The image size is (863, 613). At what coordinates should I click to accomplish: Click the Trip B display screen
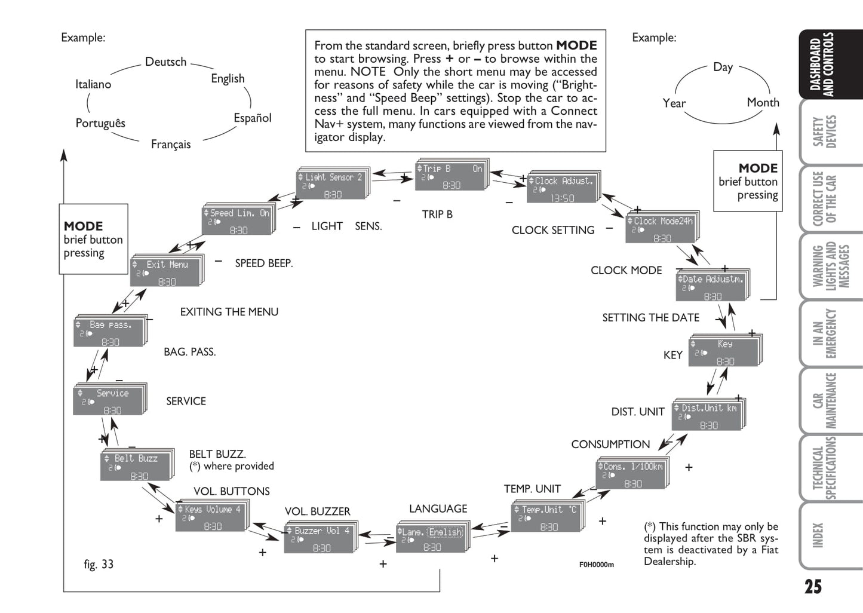click(x=450, y=176)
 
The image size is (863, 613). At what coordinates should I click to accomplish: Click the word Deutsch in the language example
click(x=165, y=62)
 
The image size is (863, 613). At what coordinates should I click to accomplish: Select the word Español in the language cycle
click(x=252, y=118)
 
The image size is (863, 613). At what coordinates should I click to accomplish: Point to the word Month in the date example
click(x=763, y=103)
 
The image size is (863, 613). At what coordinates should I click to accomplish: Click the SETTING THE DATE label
click(x=650, y=318)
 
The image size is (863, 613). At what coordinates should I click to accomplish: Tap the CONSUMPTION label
click(x=610, y=445)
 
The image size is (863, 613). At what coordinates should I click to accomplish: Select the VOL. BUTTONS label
click(x=232, y=492)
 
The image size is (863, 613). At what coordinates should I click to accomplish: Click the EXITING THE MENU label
click(x=229, y=312)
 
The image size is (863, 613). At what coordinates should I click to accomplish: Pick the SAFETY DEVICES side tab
click(x=827, y=132)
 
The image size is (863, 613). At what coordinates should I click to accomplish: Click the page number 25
click(x=813, y=587)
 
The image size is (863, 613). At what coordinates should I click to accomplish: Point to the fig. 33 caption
click(x=99, y=565)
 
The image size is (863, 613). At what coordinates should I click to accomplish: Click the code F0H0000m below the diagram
click(x=596, y=565)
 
